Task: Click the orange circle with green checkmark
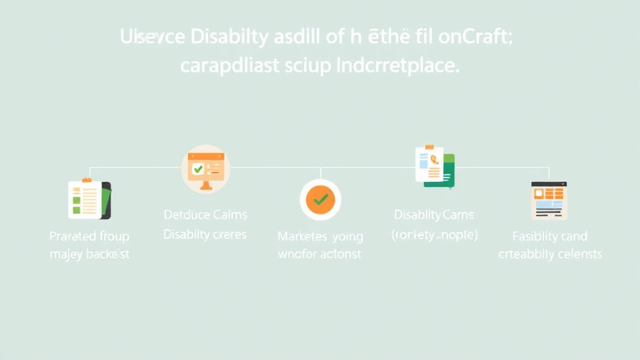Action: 320,200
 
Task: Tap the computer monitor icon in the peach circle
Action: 206,169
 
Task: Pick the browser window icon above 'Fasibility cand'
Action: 549,200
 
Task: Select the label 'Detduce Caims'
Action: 205,215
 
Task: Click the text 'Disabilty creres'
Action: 205,234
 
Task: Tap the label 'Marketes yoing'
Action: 320,237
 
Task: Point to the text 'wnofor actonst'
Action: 320,254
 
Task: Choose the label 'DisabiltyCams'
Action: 434,215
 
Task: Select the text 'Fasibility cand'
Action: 549,236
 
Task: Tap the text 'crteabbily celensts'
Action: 549,254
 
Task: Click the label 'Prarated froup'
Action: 89,236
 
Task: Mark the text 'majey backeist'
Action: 89,254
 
